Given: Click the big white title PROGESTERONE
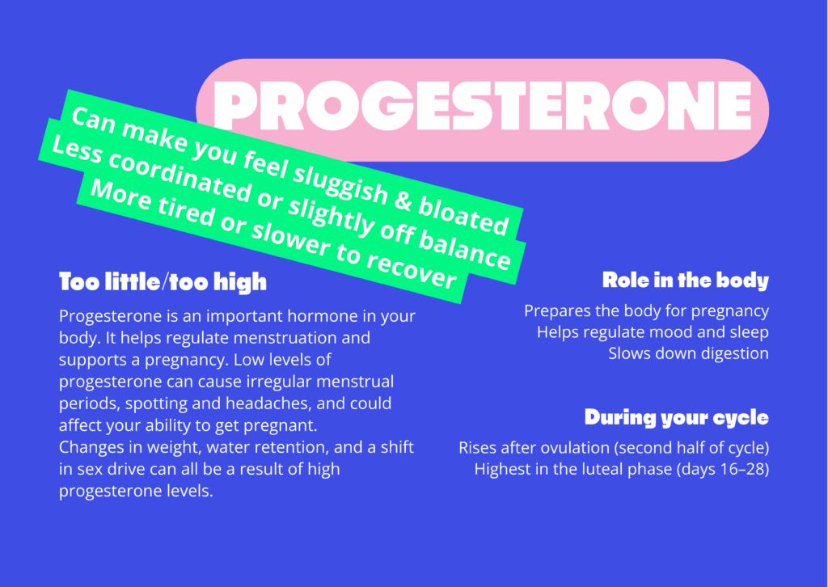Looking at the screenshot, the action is (482, 106).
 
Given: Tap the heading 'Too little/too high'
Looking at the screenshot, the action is (163, 282).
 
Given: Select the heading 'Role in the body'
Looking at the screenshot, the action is (686, 281).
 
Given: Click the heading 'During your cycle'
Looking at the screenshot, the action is (677, 417).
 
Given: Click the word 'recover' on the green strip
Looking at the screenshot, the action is (411, 268).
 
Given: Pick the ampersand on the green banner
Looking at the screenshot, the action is (403, 201).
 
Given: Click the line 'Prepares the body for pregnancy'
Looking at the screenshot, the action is (646, 311).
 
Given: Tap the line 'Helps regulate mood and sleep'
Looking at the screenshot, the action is (653, 332).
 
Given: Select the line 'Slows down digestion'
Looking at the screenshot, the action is (689, 353).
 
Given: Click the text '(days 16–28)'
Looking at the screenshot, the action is (723, 469).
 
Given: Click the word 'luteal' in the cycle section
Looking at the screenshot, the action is (600, 469).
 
